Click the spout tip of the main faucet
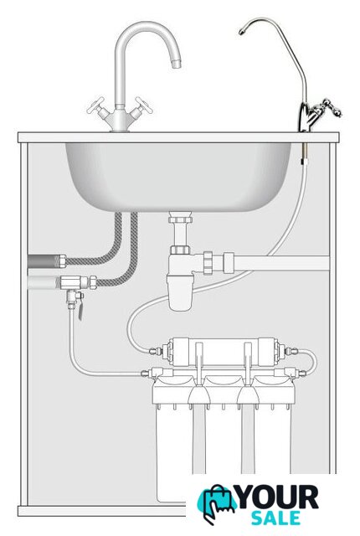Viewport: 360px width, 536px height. tap(176, 64)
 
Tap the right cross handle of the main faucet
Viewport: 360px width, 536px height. tap(143, 106)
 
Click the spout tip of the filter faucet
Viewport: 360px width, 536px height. tap(242, 32)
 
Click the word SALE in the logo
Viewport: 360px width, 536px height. tap(276, 518)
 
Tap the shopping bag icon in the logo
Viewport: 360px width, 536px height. tap(217, 503)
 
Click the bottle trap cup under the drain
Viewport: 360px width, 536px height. tap(180, 292)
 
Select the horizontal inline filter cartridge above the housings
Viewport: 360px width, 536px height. tap(224, 352)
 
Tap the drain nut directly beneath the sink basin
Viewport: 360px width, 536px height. tap(180, 218)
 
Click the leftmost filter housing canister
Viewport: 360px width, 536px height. tap(174, 441)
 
